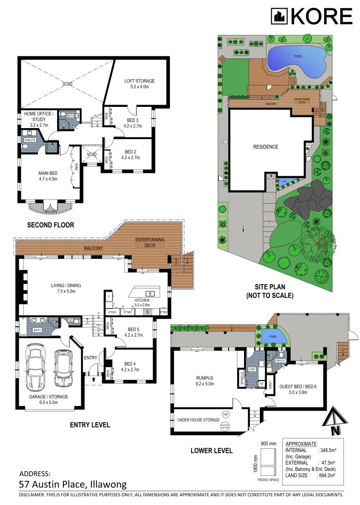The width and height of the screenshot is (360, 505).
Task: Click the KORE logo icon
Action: [x=279, y=17]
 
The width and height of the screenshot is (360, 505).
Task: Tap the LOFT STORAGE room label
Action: [x=139, y=81]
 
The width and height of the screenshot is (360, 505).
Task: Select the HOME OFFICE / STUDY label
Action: [x=39, y=116]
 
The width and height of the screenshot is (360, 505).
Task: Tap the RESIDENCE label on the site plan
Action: [x=265, y=146]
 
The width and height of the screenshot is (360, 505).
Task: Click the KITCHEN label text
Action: [x=142, y=300]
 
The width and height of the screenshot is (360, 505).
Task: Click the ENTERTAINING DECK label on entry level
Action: [x=150, y=242]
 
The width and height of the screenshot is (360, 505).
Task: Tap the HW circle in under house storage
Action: [x=225, y=414]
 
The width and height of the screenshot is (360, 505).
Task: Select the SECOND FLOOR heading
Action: [x=50, y=225]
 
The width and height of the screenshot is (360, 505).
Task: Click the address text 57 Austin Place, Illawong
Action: [x=73, y=485]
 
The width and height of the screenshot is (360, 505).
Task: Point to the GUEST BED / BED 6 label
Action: [x=301, y=386]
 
